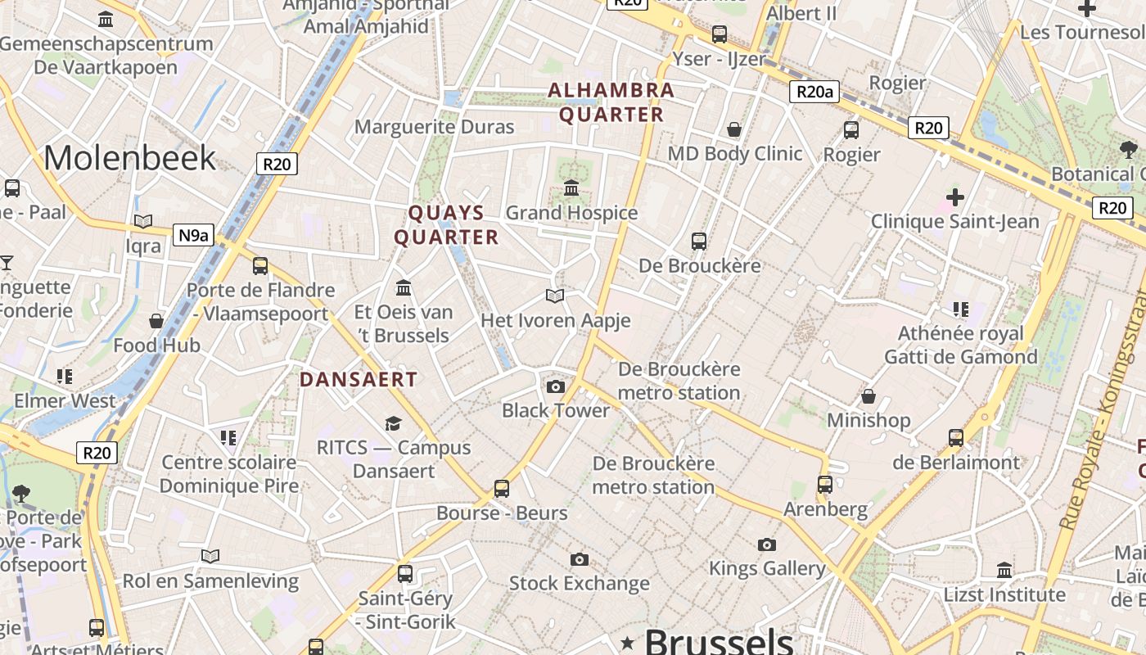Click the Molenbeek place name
[x=129, y=157]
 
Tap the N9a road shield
[x=193, y=236]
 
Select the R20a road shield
[x=815, y=91]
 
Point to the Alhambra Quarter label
[x=611, y=102]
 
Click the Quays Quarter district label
[x=446, y=225]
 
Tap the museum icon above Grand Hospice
[x=571, y=188]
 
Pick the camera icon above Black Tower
[x=556, y=386]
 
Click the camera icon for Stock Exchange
[x=580, y=559]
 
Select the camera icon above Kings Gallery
[x=767, y=544]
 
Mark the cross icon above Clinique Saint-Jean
[x=954, y=196]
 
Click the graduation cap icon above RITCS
[x=394, y=423]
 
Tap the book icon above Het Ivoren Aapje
[x=555, y=296]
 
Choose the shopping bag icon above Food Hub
[x=156, y=321]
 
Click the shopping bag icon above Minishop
[x=869, y=396]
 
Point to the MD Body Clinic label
[x=734, y=154]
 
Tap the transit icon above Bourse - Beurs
[x=502, y=489]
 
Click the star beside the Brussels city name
[x=628, y=642]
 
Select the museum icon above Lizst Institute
[x=1004, y=570]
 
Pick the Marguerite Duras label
[x=434, y=127]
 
